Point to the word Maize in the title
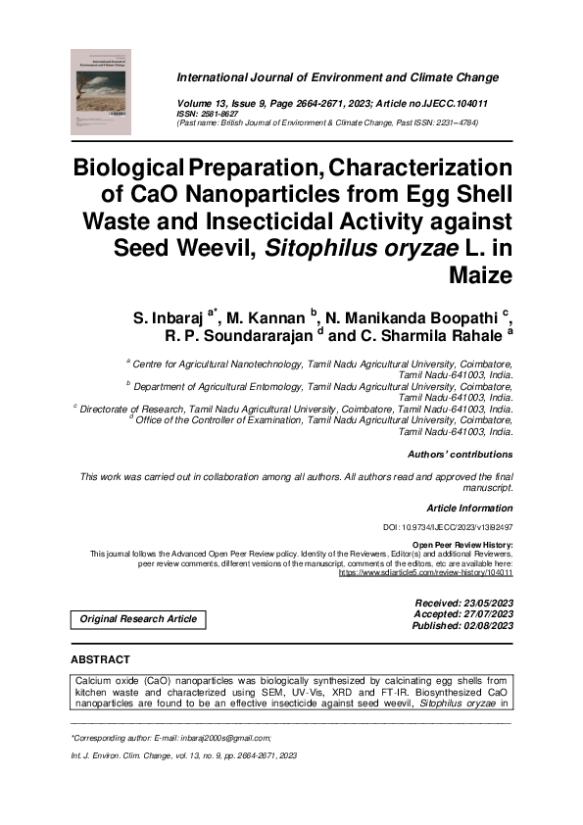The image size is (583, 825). coord(480,275)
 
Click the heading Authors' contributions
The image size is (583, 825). coord(460,455)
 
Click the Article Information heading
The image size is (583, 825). coord(469,508)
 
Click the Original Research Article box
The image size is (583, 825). coord(138,618)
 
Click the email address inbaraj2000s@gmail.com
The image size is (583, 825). coord(219,737)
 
